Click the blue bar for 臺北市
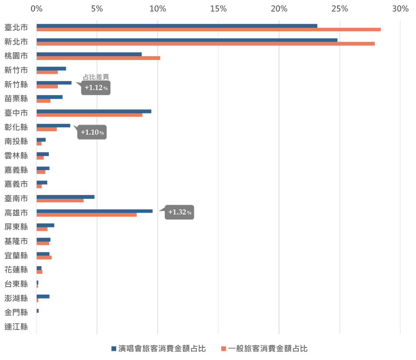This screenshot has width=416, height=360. tap(177, 26)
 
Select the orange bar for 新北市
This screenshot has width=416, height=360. tap(206, 44)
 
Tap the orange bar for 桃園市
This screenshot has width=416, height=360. tap(98, 58)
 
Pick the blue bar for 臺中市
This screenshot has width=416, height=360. tap(94, 111)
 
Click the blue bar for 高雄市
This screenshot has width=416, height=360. tap(95, 211)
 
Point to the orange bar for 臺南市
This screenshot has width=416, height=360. tap(60, 201)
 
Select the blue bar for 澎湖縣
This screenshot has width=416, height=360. tap(43, 296)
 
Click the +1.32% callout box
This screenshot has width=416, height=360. tap(179, 212)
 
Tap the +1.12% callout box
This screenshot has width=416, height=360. tap(96, 88)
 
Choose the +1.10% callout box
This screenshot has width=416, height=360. tap(92, 132)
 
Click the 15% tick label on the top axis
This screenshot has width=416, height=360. tap(218, 8)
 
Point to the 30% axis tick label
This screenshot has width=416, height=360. tap(400, 8)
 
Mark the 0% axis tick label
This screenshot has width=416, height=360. tap(37, 8)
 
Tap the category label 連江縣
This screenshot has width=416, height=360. tap(16, 327)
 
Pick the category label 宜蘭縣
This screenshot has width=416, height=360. tap(16, 255)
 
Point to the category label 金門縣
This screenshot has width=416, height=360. tap(16, 312)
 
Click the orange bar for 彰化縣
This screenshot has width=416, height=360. tap(47, 129)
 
